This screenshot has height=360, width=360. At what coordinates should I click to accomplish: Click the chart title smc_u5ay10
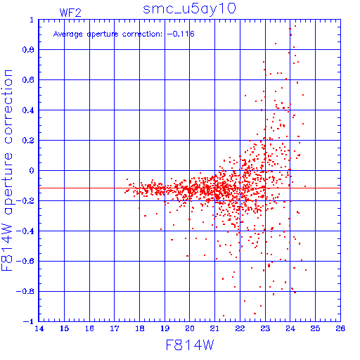click(x=189, y=10)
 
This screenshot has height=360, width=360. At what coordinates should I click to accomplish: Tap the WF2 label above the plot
click(x=70, y=13)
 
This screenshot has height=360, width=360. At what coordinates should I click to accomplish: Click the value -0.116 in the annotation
click(x=181, y=34)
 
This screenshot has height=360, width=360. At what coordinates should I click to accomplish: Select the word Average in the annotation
click(x=68, y=34)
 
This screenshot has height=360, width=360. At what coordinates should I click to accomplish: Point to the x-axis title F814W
click(x=190, y=345)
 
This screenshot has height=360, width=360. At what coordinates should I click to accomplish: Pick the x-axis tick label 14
click(x=39, y=328)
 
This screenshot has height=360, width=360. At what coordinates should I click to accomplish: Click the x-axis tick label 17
click(x=115, y=328)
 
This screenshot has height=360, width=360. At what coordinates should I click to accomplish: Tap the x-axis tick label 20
click(x=190, y=328)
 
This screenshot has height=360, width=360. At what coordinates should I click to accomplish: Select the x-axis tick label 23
click(x=265, y=328)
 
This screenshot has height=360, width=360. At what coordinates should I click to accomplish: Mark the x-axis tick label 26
click(x=340, y=328)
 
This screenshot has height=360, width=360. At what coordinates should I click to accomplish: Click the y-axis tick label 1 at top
click(x=32, y=20)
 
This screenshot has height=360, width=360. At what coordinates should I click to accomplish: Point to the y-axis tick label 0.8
click(x=28, y=50)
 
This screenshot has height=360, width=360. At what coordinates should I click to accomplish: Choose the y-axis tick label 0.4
click(x=28, y=110)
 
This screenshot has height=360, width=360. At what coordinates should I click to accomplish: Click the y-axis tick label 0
click(x=32, y=171)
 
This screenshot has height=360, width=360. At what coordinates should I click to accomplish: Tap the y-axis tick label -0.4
click(x=25, y=231)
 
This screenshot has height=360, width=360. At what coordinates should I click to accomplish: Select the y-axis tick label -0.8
click(x=25, y=291)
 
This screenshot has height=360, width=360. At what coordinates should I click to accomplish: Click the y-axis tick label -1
click(x=29, y=321)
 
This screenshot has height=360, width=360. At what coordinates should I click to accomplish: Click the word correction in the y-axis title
click(x=8, y=107)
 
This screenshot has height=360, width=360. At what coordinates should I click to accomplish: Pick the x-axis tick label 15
click(x=64, y=328)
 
